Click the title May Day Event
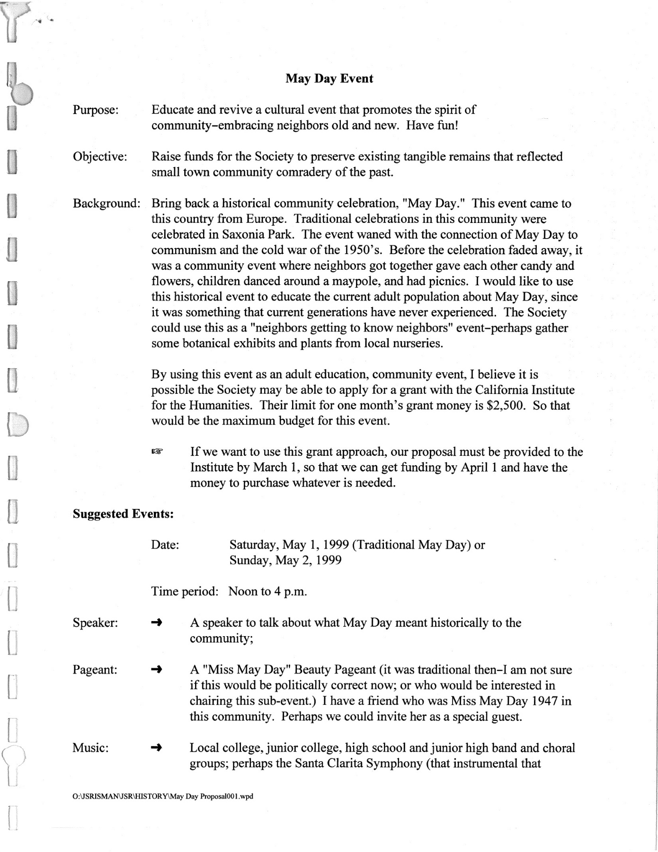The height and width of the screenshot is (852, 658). pyautogui.click(x=329, y=79)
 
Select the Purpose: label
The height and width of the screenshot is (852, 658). pyautogui.click(x=95, y=110)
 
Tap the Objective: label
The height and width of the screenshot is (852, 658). pyautogui.click(x=100, y=157)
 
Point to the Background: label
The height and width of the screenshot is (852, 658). pyautogui.click(x=107, y=204)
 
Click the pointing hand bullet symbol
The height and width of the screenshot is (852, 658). pyautogui.click(x=157, y=453)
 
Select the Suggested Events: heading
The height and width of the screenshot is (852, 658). pyautogui.click(x=123, y=514)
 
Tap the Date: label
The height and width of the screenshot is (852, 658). pyautogui.click(x=165, y=545)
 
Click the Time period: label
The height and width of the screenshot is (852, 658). pyautogui.click(x=185, y=592)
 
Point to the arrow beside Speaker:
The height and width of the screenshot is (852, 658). pyautogui.click(x=157, y=623)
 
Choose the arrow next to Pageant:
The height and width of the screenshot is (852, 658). pyautogui.click(x=157, y=670)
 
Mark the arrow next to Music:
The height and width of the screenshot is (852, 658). pyautogui.click(x=157, y=748)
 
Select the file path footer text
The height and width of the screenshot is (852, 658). pyautogui.click(x=163, y=797)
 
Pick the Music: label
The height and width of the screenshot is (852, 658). pyautogui.click(x=90, y=748)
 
